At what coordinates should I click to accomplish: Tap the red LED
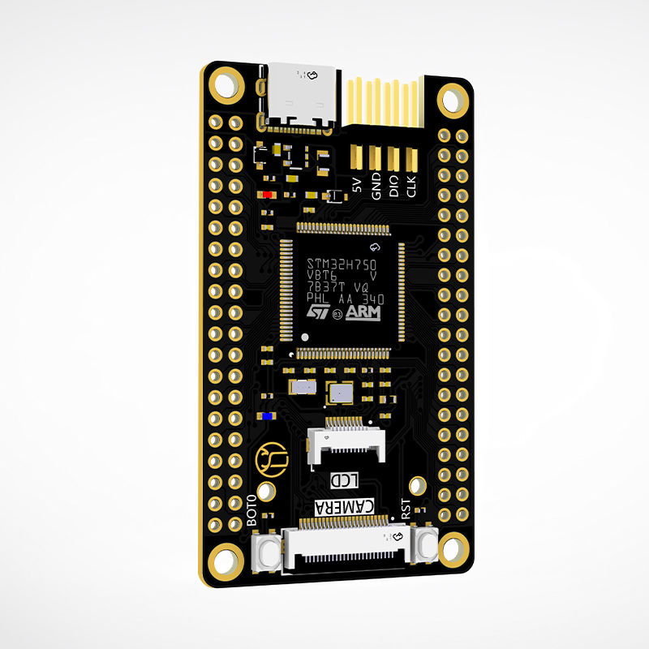click(267, 195)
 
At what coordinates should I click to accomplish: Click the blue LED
click(267, 416)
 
